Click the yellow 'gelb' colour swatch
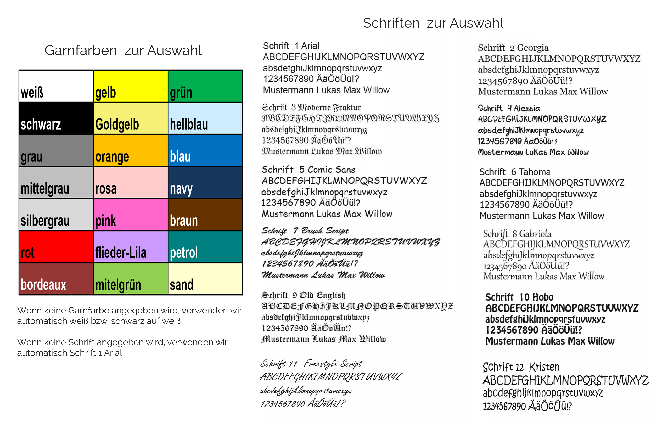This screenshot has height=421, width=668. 130,86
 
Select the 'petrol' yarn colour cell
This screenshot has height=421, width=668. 205,247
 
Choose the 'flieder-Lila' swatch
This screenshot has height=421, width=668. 130,247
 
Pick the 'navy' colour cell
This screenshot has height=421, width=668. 205,182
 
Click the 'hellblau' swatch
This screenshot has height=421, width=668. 205,118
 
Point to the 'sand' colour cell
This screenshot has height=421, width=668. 205,279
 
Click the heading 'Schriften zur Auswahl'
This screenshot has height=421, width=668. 433,23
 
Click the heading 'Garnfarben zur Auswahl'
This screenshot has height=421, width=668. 123,50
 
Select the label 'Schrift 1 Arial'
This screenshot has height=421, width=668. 291,46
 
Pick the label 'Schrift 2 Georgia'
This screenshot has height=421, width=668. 513,48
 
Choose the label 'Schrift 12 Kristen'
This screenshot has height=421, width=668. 521,367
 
